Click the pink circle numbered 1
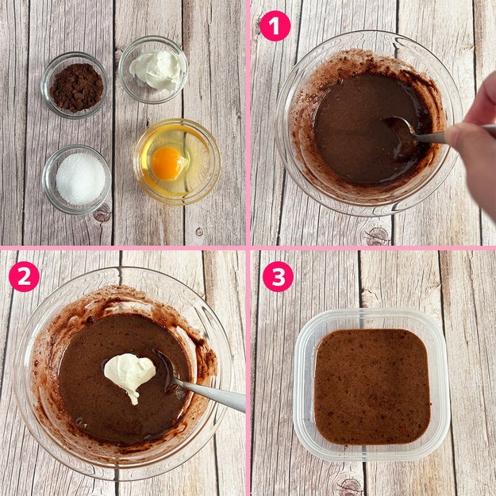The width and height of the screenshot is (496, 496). tap(275, 26)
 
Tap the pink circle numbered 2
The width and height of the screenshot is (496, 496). tap(24, 276)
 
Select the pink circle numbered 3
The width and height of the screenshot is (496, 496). tap(278, 276)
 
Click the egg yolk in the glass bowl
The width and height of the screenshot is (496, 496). tap(167, 163)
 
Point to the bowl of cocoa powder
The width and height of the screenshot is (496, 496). tap(74, 86)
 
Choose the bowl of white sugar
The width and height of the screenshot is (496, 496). tap(77, 179)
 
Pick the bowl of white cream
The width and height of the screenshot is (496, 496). tap(153, 70)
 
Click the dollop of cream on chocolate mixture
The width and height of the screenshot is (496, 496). tap(129, 375)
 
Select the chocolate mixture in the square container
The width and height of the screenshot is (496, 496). tap(372, 386)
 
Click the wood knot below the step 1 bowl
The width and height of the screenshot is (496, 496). tap(376, 236)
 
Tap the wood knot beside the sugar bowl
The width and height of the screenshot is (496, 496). tap(102, 213)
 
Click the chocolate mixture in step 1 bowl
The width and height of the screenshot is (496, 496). tap(363, 126)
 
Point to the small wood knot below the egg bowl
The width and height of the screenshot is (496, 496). tap(199, 232)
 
